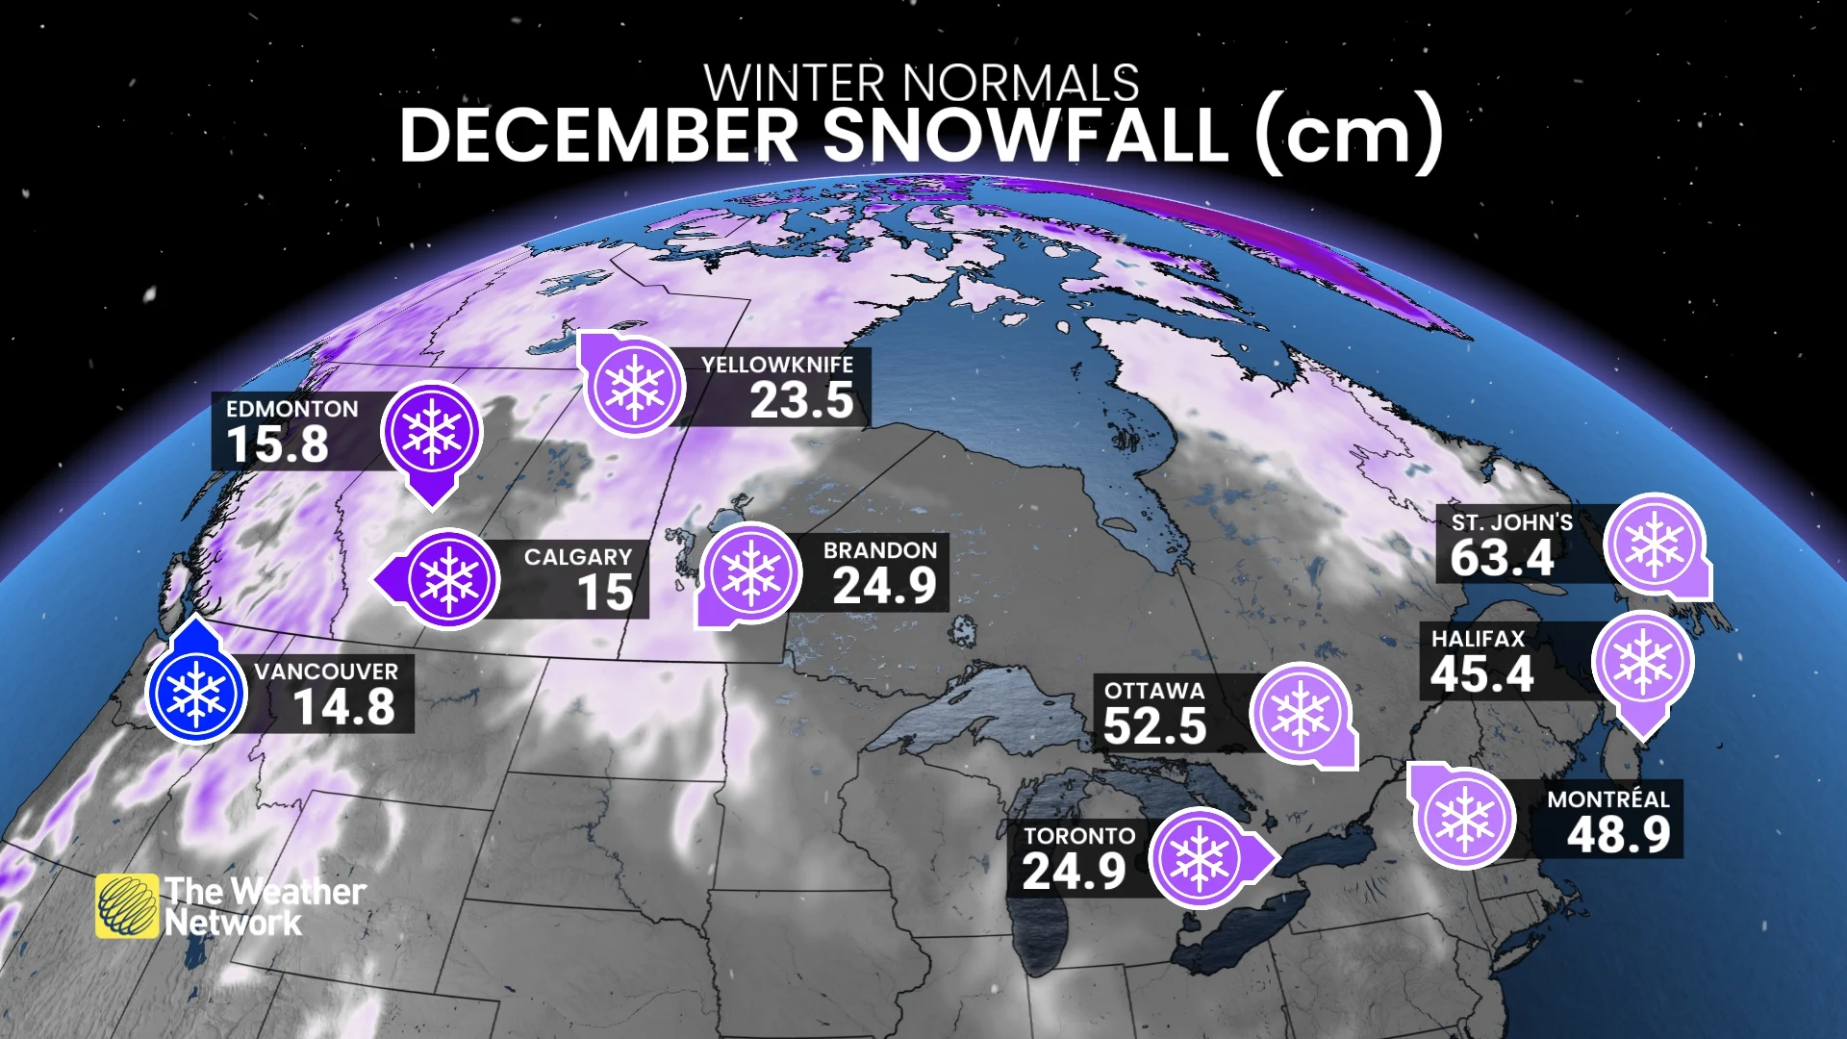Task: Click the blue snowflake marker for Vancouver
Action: pos(196,694)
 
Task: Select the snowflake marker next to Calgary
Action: pos(448,579)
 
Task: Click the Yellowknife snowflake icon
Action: pos(634,387)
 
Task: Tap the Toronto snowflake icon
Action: pos(1200,859)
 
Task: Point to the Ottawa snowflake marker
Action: pos(1301,714)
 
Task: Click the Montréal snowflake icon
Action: pos(1464,818)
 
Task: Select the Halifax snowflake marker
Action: pos(1642,662)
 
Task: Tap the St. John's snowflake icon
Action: pos(1655,545)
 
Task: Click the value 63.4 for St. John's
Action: pos(1502,558)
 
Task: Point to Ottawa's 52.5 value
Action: pos(1154,726)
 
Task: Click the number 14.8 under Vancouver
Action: pos(343,707)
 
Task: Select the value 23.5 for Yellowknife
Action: pos(801,400)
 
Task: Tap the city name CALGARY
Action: pos(577,557)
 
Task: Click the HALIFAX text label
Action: pos(1478,639)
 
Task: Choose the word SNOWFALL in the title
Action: pos(1025,136)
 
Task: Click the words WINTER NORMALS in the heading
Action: pos(922,83)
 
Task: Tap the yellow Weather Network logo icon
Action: pos(126,905)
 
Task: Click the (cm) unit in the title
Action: pos(1349,136)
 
